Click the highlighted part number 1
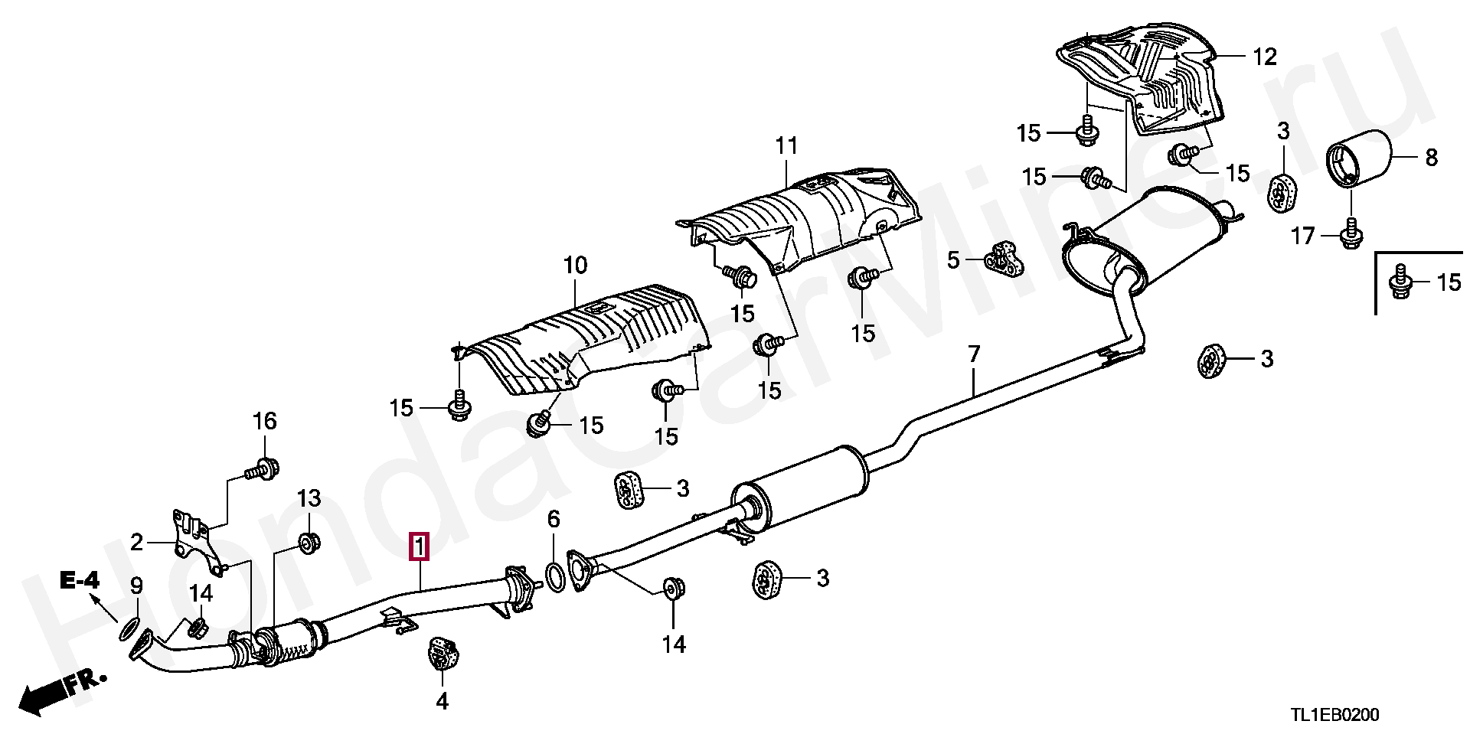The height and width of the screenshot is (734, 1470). [419, 548]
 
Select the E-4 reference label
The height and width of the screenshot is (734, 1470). [80, 581]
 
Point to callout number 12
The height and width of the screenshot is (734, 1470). [1264, 57]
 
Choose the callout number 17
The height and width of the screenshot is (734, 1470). [1302, 237]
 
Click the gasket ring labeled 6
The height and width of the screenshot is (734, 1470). [556, 576]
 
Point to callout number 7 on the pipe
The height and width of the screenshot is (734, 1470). [973, 354]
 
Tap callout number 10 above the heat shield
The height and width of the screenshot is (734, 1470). [575, 266]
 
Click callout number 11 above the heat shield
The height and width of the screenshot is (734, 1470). [786, 145]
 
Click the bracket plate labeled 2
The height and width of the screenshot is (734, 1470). [191, 540]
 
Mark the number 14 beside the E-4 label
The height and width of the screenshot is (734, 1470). [201, 593]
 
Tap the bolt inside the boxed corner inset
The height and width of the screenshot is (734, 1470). [1400, 282]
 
